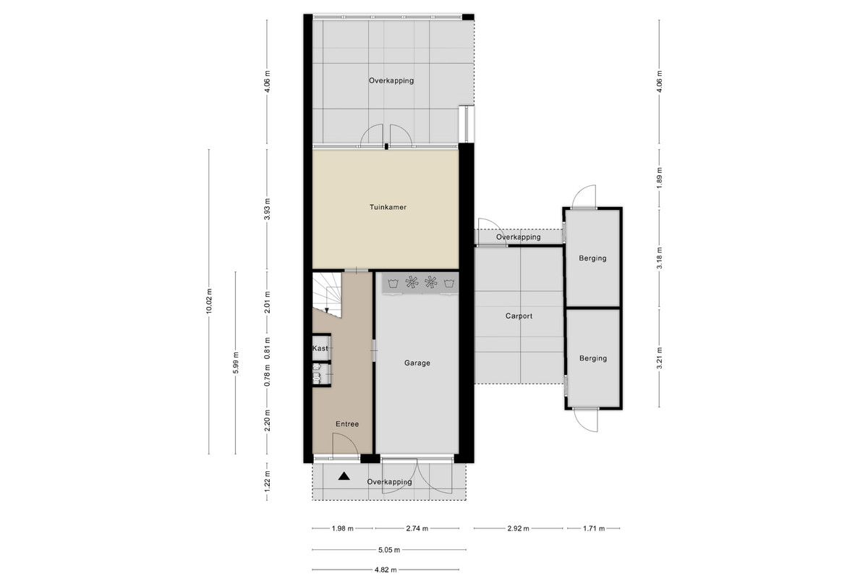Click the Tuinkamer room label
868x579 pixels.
tap(388, 207)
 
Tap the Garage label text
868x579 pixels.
tap(417, 363)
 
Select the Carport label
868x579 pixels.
tap(519, 316)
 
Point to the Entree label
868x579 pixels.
tap(347, 424)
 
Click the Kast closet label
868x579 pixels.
tap(320, 348)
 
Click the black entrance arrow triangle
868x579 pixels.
tap(344, 476)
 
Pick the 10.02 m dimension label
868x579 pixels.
tap(209, 301)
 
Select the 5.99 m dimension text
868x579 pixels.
tap(236, 363)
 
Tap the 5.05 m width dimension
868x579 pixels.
tap(389, 549)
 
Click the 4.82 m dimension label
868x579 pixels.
tap(386, 570)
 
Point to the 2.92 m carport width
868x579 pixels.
tap(519, 528)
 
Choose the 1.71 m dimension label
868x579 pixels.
tap(594, 528)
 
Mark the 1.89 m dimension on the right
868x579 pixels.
tap(659, 178)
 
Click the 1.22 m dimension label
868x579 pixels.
tap(267, 481)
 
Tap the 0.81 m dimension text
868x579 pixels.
tap(267, 348)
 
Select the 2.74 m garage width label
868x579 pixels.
tap(417, 528)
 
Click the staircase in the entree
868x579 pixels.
tap(327, 294)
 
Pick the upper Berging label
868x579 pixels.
tap(592, 258)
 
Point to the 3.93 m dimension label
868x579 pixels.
tap(267, 209)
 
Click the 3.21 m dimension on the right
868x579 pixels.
tap(659, 358)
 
